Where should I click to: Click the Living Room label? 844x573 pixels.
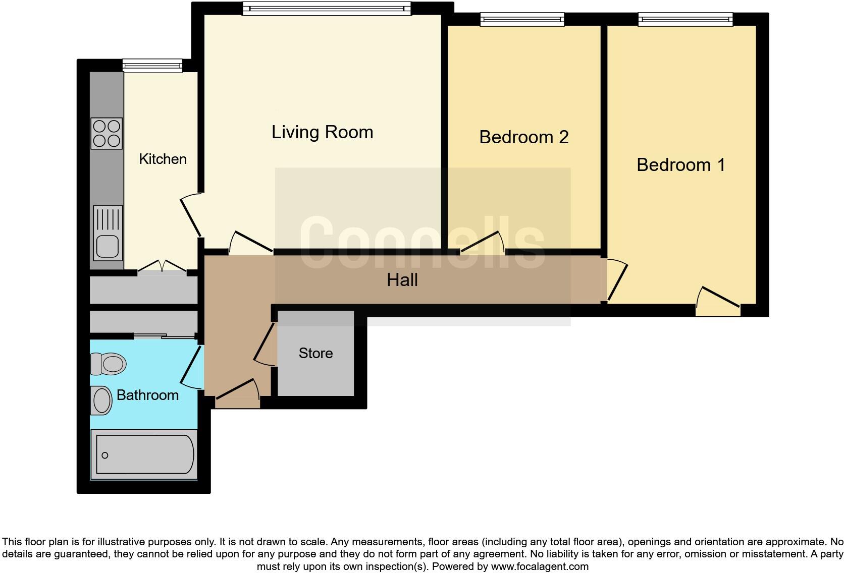pyautogui.click(x=322, y=132)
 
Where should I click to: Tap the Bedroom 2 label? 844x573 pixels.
pyautogui.click(x=523, y=137)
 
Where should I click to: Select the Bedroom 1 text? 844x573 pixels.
pyautogui.click(x=680, y=165)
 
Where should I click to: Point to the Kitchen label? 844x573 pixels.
pyautogui.click(x=163, y=159)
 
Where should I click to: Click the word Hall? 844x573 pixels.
pyautogui.click(x=402, y=280)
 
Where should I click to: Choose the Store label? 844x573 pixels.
pyautogui.click(x=315, y=353)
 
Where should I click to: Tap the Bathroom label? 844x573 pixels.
pyautogui.click(x=147, y=395)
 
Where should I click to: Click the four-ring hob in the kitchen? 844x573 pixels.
pyautogui.click(x=107, y=133)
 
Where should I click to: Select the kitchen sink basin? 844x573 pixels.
pyautogui.click(x=108, y=247)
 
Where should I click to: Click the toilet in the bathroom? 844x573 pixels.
pyautogui.click(x=108, y=363)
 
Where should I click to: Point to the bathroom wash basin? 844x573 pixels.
pyautogui.click(x=102, y=401)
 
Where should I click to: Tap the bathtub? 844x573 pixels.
pyautogui.click(x=144, y=455)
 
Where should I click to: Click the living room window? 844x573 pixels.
pyautogui.click(x=326, y=9)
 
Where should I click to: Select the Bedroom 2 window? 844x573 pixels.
pyautogui.click(x=522, y=20)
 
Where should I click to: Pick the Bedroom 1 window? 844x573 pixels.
pyautogui.click(x=685, y=20)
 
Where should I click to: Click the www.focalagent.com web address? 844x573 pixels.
pyautogui.click(x=539, y=566)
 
